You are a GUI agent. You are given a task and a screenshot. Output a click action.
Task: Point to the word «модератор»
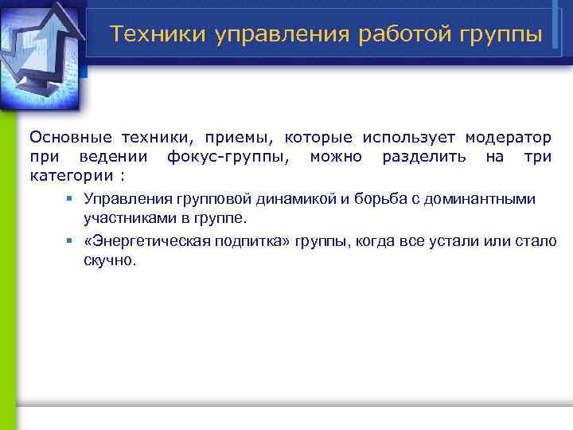tap(509, 137)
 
